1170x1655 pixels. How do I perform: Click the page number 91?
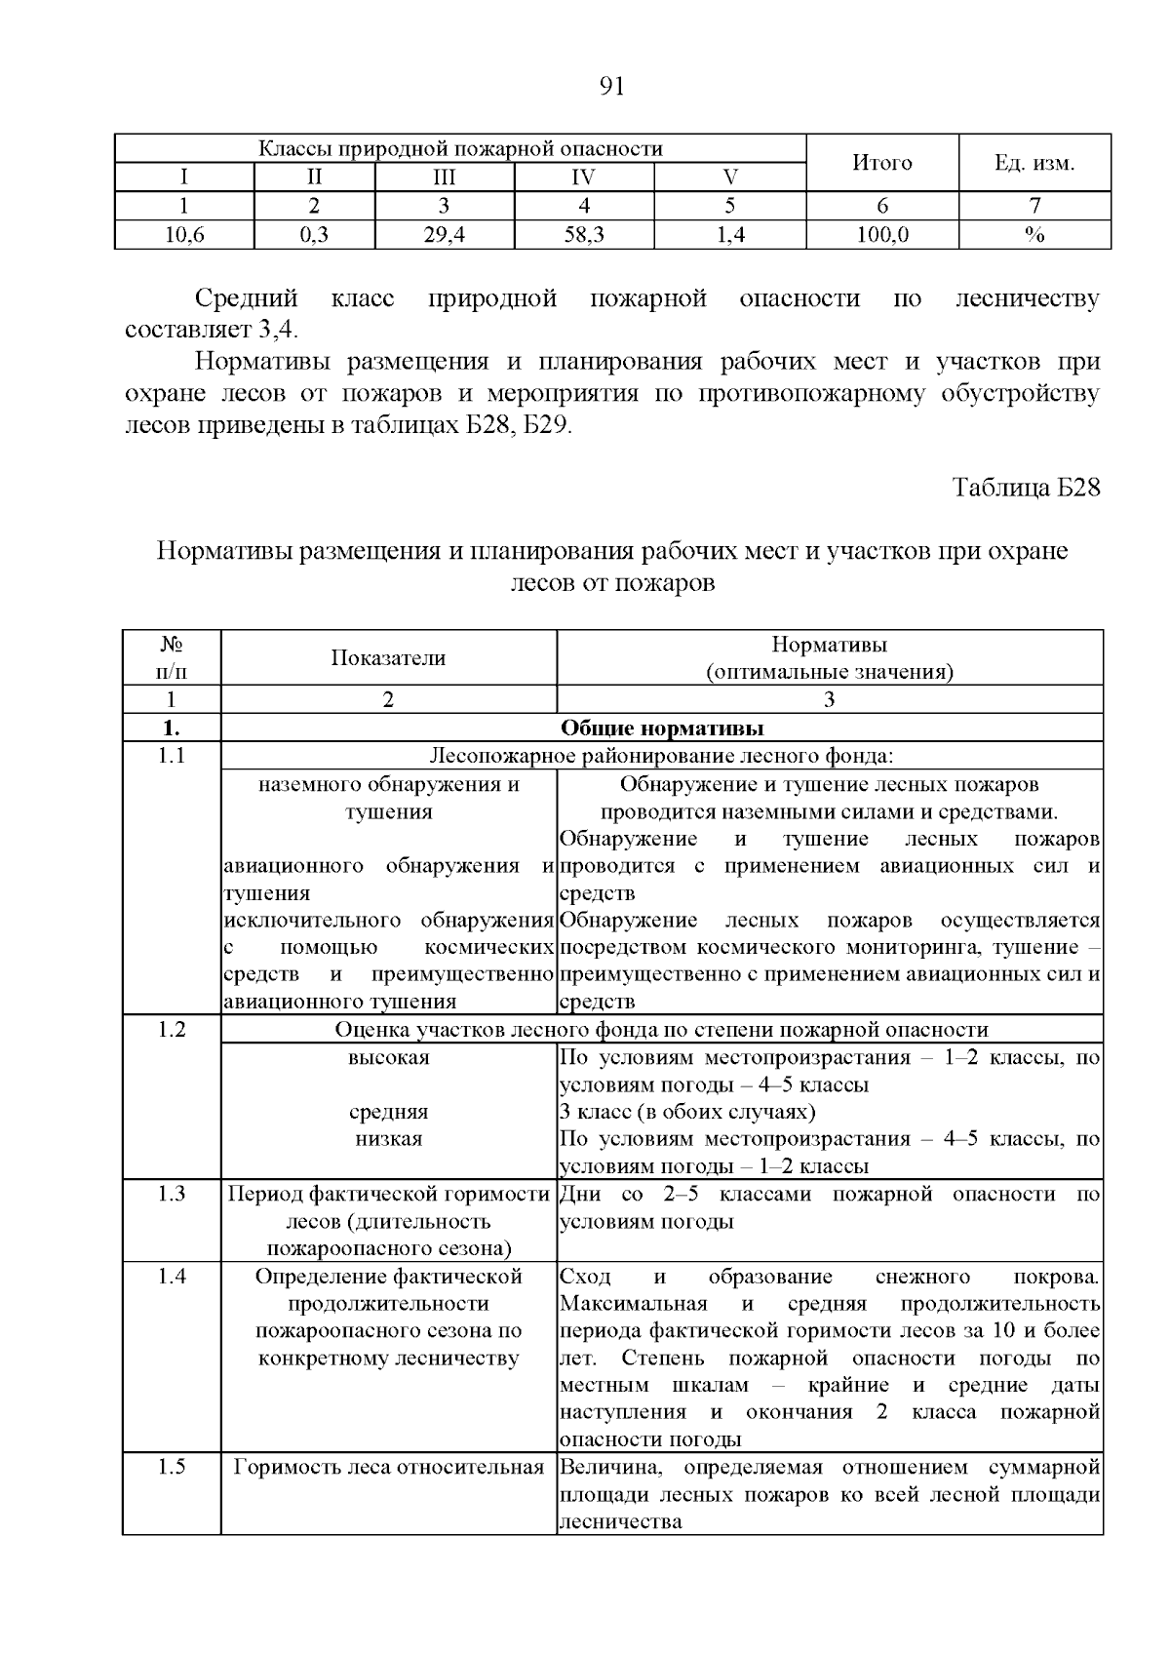(x=610, y=87)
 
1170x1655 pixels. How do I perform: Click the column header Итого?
(x=881, y=163)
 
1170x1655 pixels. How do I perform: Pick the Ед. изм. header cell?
(x=1034, y=163)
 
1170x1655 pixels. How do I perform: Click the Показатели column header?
(x=388, y=658)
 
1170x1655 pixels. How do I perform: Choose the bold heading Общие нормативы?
(x=661, y=729)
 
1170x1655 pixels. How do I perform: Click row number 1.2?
(x=172, y=1030)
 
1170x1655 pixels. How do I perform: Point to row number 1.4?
(x=172, y=1277)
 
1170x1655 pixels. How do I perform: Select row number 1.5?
(x=172, y=1468)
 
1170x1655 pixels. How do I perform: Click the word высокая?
(x=388, y=1058)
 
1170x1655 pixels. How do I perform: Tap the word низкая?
(x=388, y=1139)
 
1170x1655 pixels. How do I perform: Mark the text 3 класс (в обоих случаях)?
(x=687, y=1112)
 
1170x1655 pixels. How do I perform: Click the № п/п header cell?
(x=172, y=658)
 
